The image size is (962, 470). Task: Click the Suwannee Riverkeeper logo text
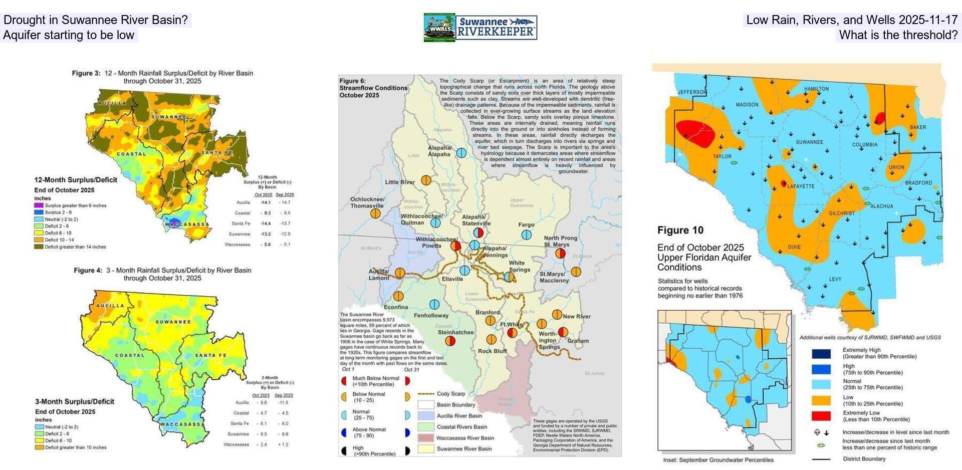point(496,28)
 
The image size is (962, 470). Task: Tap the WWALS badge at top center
point(439,28)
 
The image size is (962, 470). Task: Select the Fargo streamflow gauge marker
point(526,234)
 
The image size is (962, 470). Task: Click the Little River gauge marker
point(426,180)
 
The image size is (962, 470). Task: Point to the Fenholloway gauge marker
point(434,304)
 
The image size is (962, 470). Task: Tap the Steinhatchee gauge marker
point(450,341)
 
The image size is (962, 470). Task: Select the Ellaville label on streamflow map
point(452,279)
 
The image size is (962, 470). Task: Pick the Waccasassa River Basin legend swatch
point(425,438)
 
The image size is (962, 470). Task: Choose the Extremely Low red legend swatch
point(821,416)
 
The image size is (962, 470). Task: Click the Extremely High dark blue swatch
point(821,354)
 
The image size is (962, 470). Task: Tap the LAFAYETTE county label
point(801,186)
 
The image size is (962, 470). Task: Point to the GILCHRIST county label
point(841,213)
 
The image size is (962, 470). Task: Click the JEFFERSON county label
point(692,92)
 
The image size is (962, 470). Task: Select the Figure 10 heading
point(680,230)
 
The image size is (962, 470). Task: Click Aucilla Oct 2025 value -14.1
point(265,202)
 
